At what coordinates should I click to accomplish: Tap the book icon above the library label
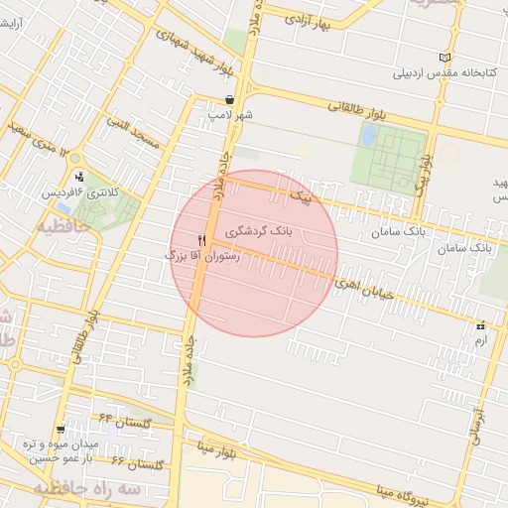(444, 57)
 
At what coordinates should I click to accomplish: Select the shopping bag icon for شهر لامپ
(230, 99)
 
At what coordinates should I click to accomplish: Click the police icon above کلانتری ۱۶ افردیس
(78, 177)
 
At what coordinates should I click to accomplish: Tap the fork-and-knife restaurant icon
(202, 240)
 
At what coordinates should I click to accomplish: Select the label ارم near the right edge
(481, 339)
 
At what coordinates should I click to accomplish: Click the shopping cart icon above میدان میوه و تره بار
(62, 429)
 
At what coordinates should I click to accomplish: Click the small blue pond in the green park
(368, 135)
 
